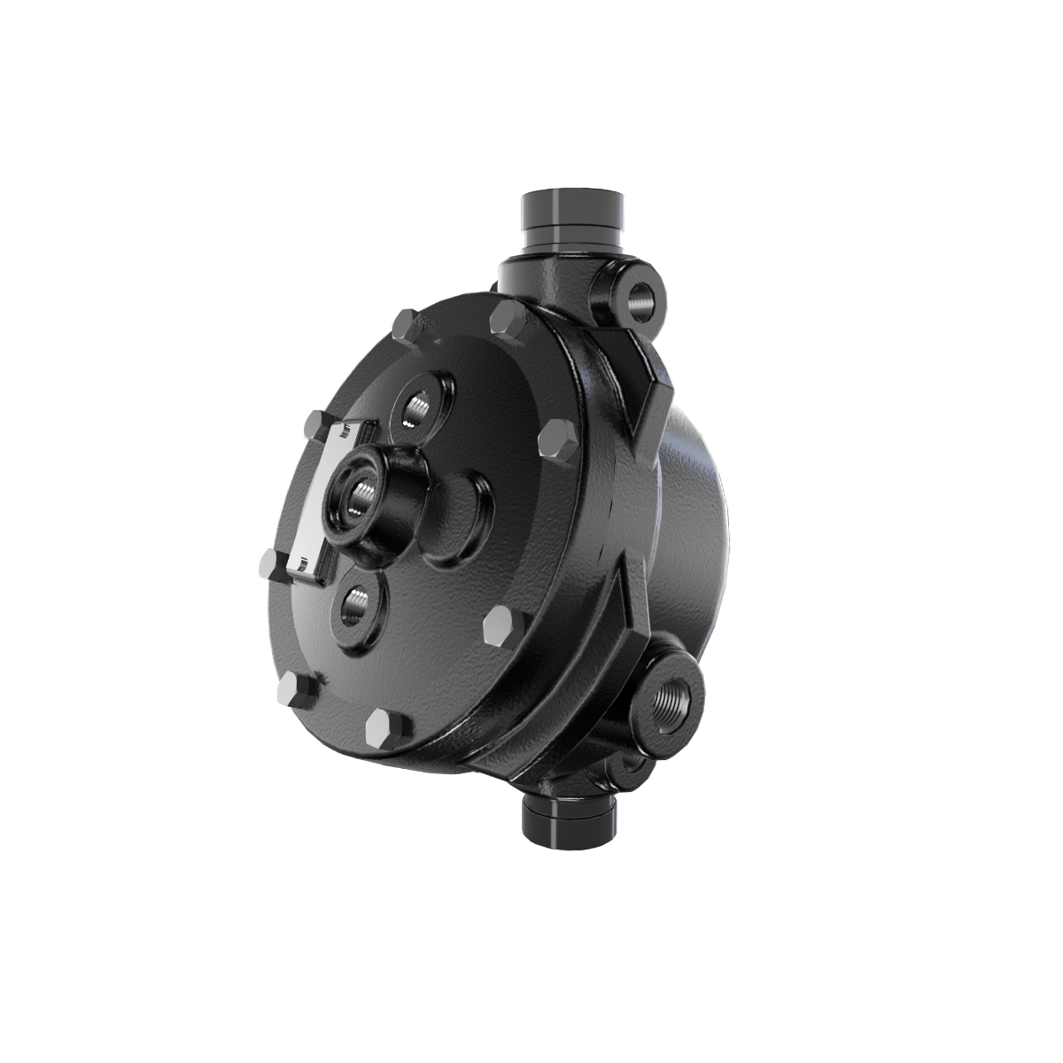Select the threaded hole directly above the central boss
coord(416,408)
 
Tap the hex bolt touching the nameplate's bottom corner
coord(271,562)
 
